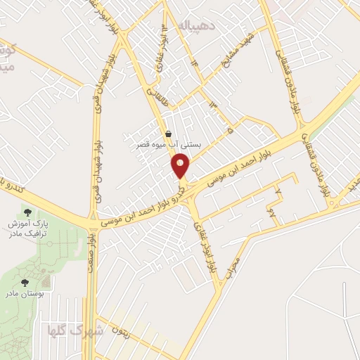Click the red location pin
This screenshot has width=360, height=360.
[181, 166]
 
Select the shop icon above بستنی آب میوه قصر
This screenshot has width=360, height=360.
[168, 134]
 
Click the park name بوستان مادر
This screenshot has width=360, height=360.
[25, 293]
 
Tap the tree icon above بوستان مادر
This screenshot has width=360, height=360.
[25, 282]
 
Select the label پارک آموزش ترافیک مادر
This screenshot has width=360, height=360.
[28, 228]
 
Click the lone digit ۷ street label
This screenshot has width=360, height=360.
[278, 192]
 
